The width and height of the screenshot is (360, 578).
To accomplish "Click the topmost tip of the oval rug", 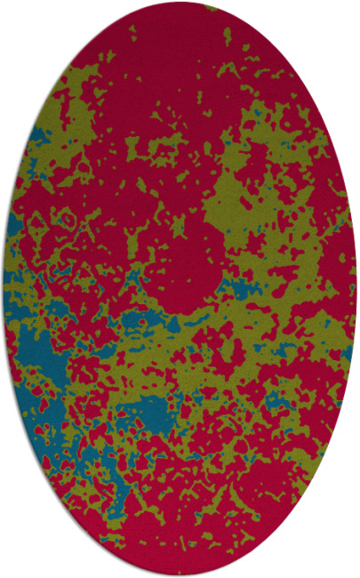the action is (x=180, y=3).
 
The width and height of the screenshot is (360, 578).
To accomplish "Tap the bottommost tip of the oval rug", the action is (x=180, y=575).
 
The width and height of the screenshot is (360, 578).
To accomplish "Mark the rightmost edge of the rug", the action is (x=356, y=289).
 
